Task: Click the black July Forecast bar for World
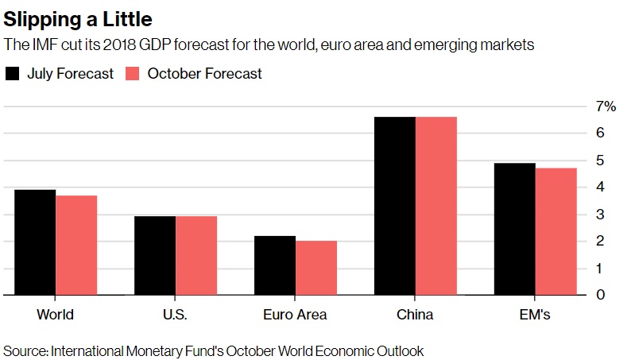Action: point(35,242)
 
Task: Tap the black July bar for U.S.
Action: point(155,255)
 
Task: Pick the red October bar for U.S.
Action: point(196,255)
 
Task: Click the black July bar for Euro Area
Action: point(275,265)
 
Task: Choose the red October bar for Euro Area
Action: point(316,268)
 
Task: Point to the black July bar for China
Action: point(395,206)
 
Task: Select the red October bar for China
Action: point(436,206)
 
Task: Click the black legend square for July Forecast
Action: point(13,74)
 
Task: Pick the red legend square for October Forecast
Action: point(133,74)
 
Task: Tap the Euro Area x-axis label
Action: point(295,315)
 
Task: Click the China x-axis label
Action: point(415,315)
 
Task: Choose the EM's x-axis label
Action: point(535,315)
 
